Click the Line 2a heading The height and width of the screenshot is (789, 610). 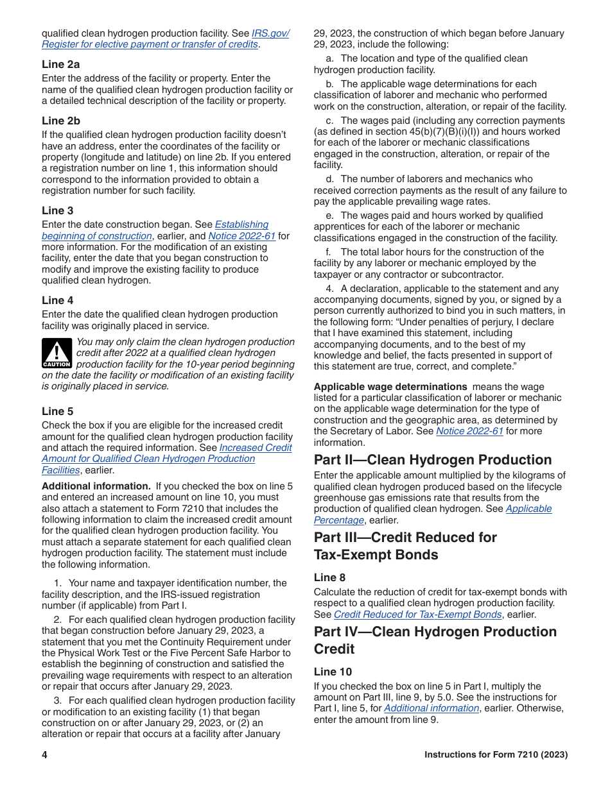pos(61,64)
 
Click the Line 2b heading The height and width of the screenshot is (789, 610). pos(61,121)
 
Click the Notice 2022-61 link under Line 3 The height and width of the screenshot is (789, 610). pos(241,236)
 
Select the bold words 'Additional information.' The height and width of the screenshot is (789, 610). pos(96,486)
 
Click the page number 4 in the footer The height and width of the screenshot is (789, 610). pos(45,755)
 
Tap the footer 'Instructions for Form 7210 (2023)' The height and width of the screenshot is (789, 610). pos(496,755)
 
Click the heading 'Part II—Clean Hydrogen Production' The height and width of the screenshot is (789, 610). pos(433,460)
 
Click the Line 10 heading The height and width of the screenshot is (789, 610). pos(333,672)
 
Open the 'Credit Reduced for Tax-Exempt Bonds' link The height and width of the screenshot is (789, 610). pos(417,615)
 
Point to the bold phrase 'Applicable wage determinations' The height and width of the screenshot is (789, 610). pos(390,387)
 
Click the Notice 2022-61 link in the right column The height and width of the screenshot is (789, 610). pos(469,431)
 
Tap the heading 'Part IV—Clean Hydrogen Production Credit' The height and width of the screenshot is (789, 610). pos(435,640)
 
